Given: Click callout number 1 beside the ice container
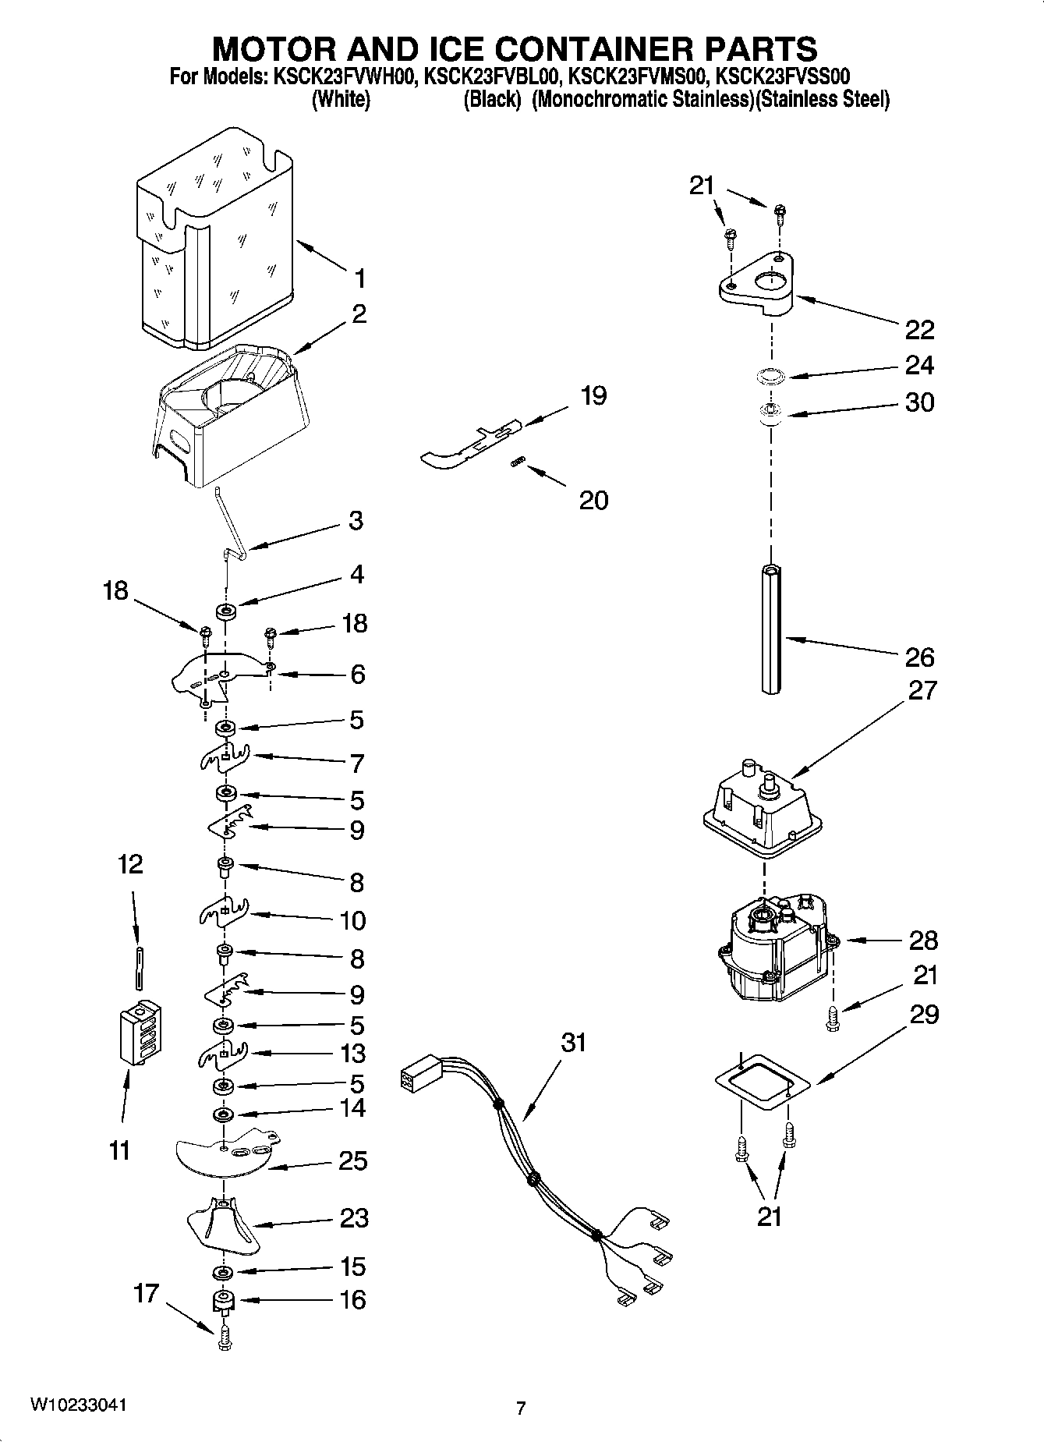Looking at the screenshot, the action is pyautogui.click(x=359, y=278).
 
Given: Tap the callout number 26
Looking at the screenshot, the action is pyautogui.click(x=919, y=657).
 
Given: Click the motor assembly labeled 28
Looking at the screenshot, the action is pyautogui.click(x=772, y=951).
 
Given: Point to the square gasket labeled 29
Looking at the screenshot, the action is pyautogui.click(x=761, y=1081).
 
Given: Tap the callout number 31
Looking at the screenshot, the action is pyautogui.click(x=573, y=1043).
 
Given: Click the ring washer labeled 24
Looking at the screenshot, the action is pyautogui.click(x=771, y=377).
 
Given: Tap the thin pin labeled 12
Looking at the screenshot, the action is pyautogui.click(x=139, y=968).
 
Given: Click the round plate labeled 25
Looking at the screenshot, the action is pyautogui.click(x=226, y=1157).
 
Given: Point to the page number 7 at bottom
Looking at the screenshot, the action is pyautogui.click(x=521, y=1408).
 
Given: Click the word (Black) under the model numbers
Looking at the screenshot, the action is pyautogui.click(x=491, y=101).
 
